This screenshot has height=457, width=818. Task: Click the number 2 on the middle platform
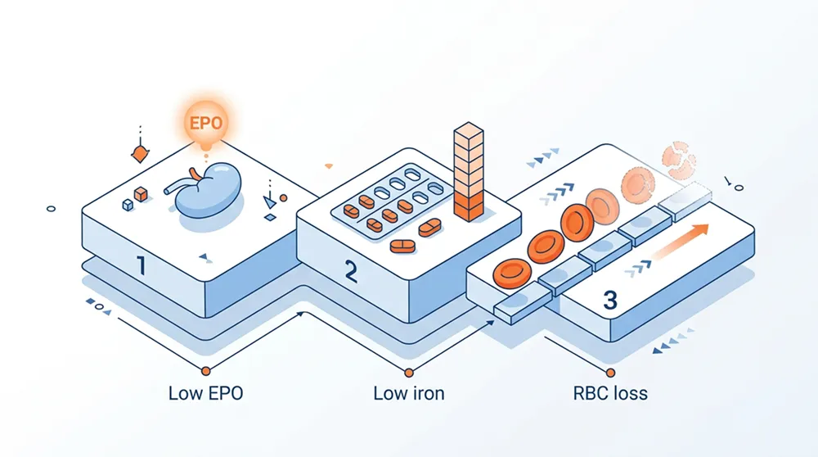(350, 271)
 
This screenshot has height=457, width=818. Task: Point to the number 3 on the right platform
(609, 300)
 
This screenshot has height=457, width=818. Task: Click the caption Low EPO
(205, 393)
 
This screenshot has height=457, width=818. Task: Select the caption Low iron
(409, 393)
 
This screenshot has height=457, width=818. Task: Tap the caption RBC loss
(610, 393)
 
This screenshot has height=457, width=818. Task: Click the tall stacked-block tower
(468, 172)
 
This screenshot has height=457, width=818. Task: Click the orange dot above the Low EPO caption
(205, 370)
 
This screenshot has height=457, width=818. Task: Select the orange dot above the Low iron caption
(408, 370)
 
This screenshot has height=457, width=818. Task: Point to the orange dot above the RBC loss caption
(611, 370)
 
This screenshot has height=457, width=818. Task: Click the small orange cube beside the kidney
(140, 194)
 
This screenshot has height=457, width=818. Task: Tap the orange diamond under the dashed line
(139, 153)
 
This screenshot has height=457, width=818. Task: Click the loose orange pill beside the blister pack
(403, 247)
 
